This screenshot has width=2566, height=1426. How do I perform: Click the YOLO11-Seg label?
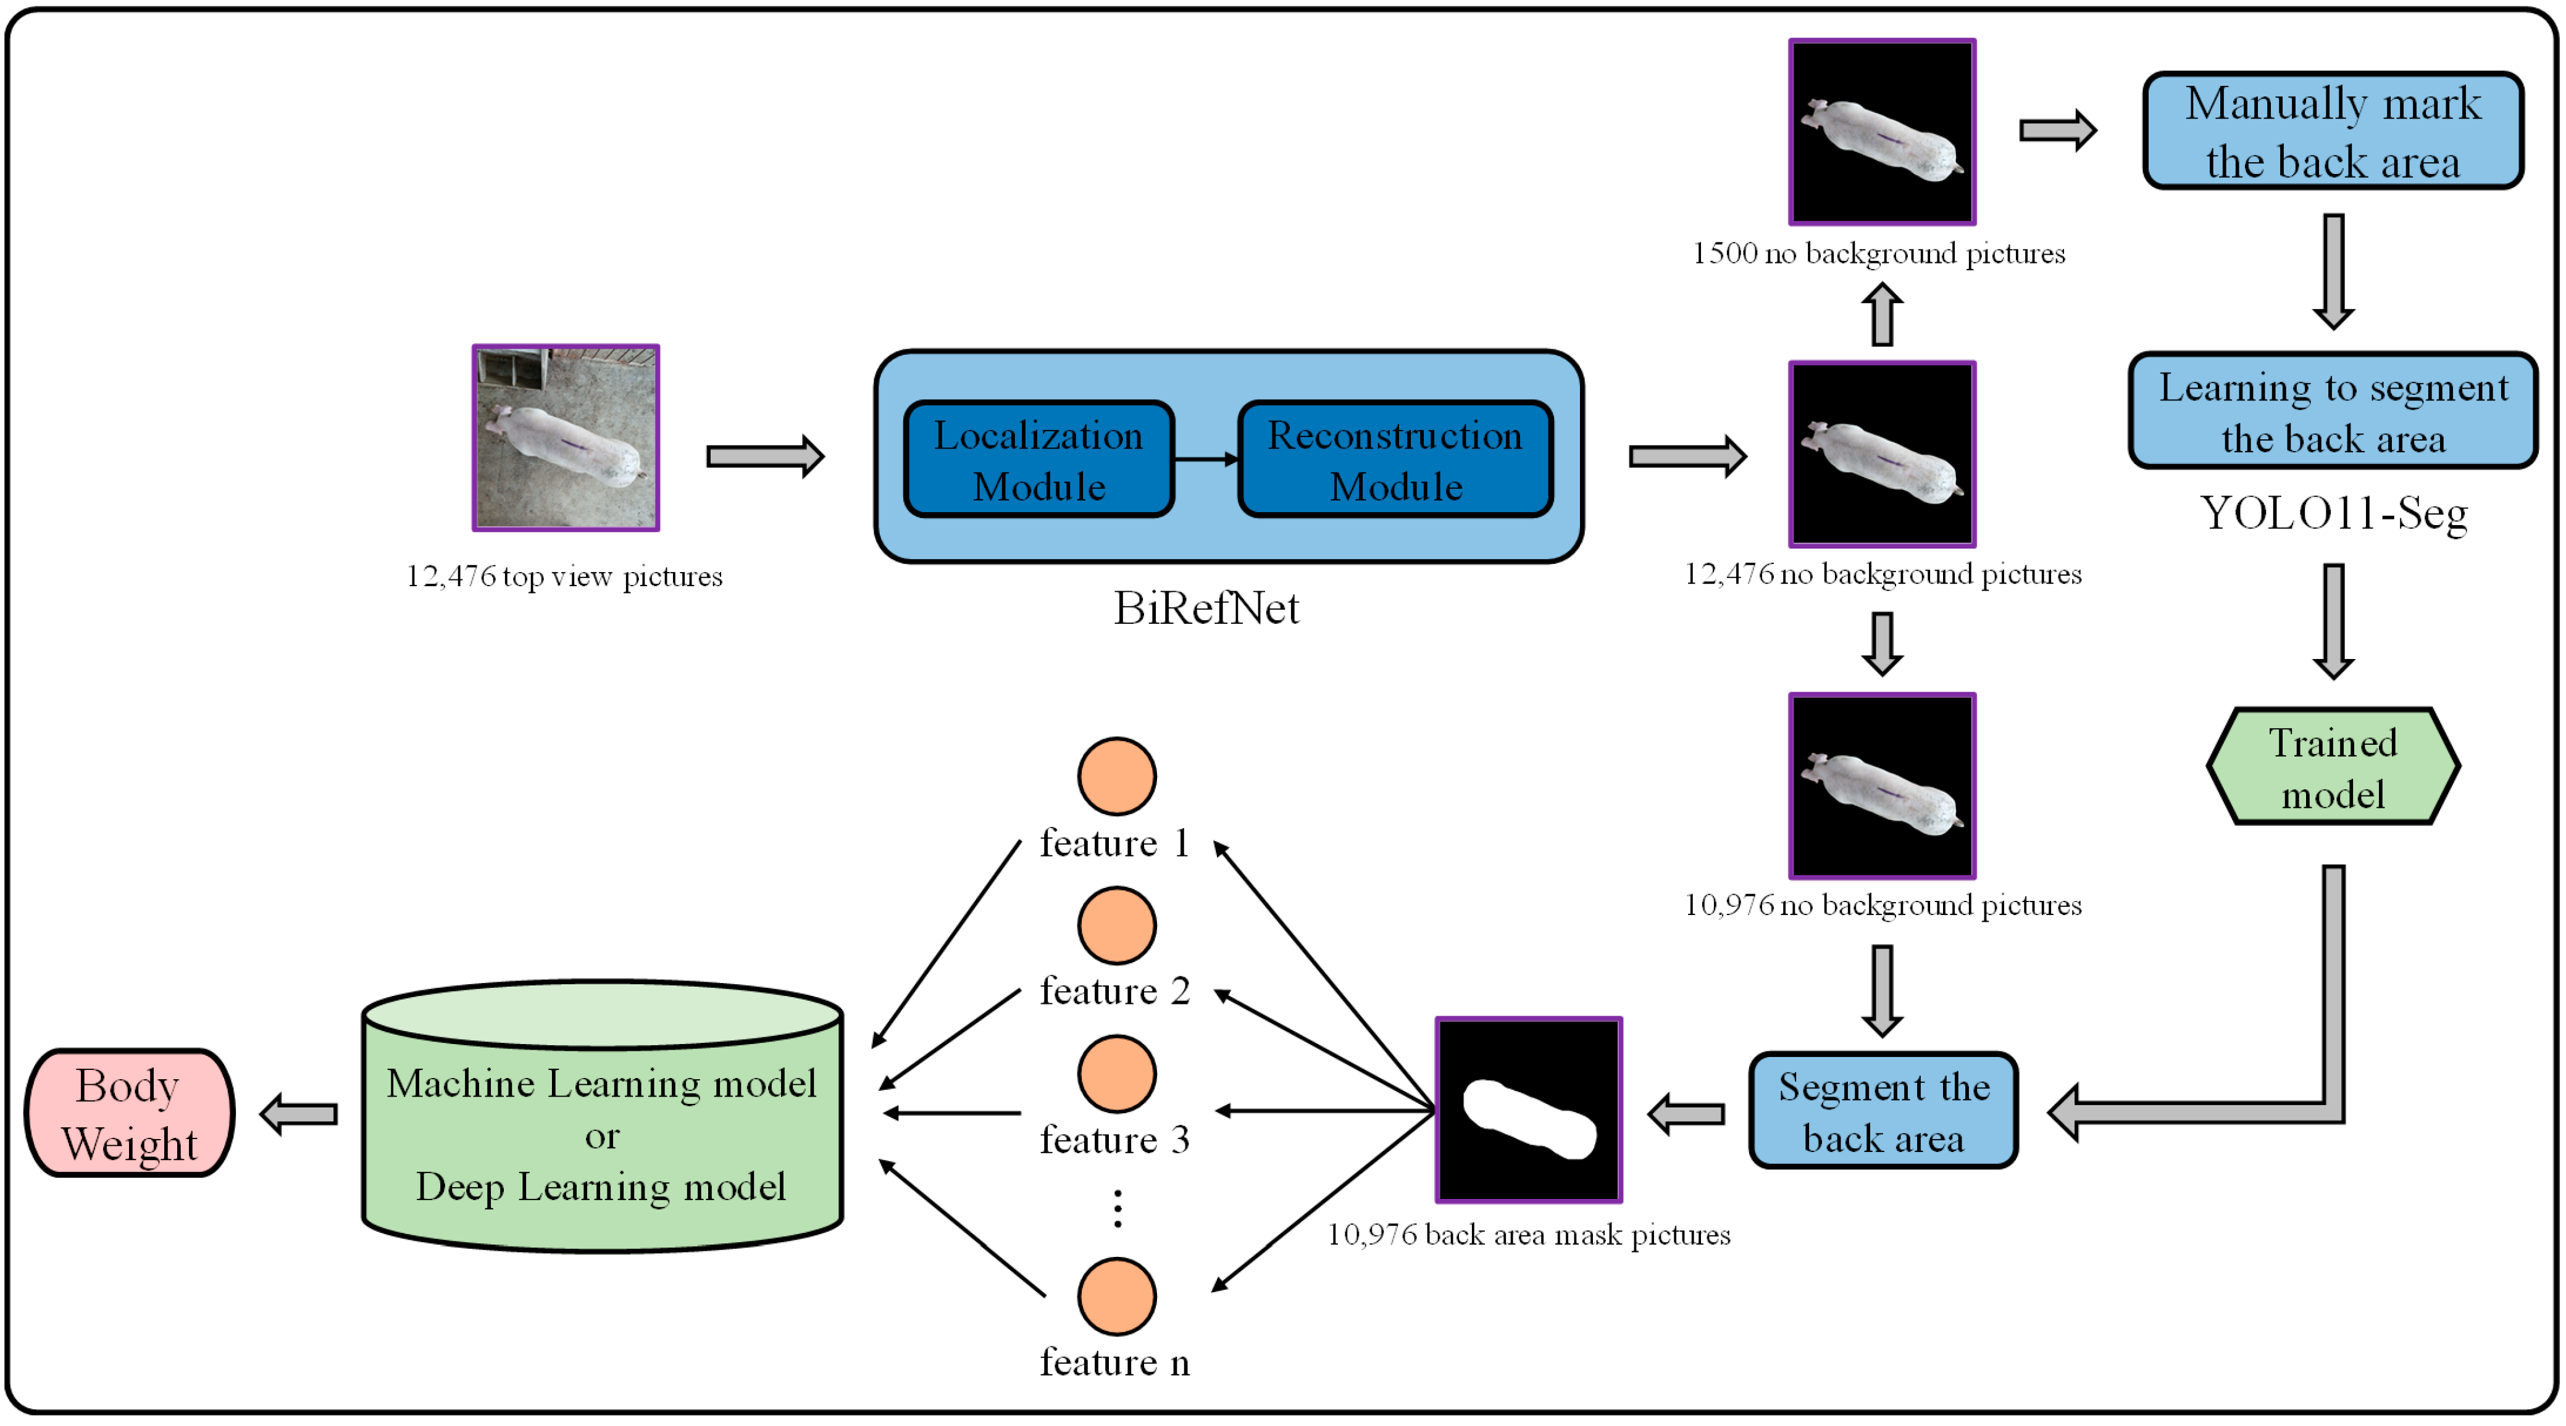tap(2333, 514)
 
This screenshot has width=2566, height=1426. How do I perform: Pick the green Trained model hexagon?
tap(2333, 767)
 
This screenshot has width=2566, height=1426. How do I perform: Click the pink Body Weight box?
tap(130, 1113)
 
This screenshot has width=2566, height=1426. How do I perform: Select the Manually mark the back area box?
tap(2333, 130)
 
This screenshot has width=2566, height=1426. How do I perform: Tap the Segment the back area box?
tap(1883, 1111)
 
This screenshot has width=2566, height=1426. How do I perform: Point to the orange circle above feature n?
tap(1117, 1296)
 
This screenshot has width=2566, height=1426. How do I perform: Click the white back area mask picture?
tap(1529, 1110)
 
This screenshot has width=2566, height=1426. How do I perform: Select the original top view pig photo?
tap(566, 438)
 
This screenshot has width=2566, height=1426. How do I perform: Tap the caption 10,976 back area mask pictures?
tap(1529, 1235)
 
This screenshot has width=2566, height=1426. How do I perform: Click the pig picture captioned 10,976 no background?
tap(1883, 787)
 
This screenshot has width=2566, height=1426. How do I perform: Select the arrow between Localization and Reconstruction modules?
tap(1206, 459)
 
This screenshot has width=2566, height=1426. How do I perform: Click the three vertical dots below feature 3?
tap(1118, 1208)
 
